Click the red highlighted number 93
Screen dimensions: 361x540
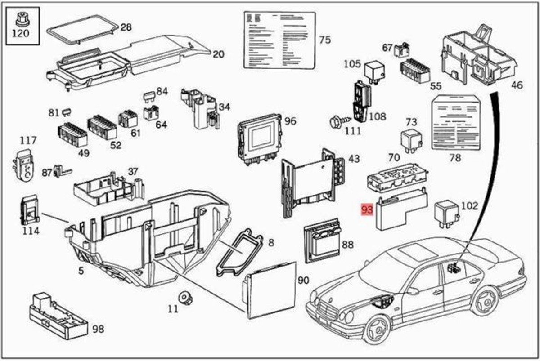[x=368, y=210]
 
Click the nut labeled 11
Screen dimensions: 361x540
[x=184, y=297]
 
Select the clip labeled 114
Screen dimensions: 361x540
[x=29, y=211]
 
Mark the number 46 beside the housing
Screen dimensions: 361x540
[x=517, y=85]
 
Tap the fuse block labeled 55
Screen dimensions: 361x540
[x=414, y=70]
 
